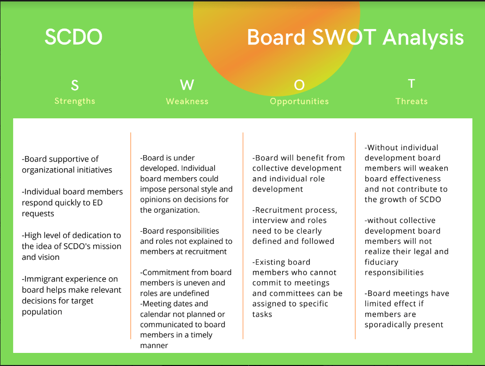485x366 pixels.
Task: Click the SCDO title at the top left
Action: (73, 37)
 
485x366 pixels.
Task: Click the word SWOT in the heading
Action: (344, 37)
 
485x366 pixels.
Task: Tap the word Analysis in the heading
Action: (423, 38)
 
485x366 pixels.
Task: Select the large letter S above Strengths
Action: (75, 85)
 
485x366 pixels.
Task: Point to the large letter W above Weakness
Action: (187, 85)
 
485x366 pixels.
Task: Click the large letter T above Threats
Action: (411, 83)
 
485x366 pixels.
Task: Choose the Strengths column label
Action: (75, 101)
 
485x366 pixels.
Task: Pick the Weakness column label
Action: (187, 101)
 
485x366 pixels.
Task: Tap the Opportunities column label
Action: (299, 101)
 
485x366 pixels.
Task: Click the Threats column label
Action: (411, 101)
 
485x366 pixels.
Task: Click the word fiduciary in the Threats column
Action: (381, 262)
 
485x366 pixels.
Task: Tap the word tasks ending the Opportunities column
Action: (262, 315)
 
